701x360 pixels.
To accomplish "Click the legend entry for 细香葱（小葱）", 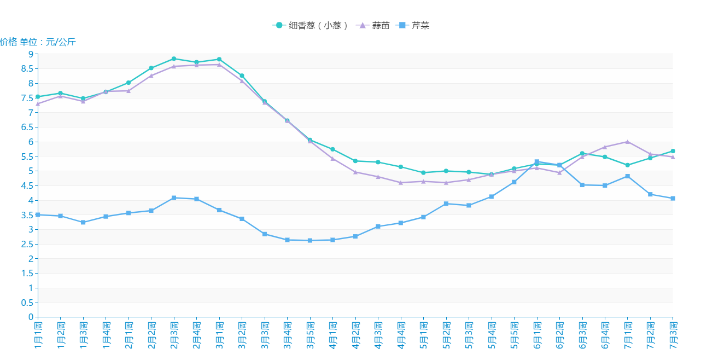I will [310, 25].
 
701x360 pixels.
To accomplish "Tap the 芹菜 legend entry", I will [414, 25].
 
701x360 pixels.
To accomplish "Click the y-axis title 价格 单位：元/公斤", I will [38, 42].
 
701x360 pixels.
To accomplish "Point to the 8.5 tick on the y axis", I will [27, 69].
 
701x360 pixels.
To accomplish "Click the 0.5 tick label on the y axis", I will [27, 303].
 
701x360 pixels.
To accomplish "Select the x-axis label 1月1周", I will [38, 335].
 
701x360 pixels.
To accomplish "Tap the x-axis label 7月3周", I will [673, 335].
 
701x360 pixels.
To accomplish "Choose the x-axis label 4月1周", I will [332, 335].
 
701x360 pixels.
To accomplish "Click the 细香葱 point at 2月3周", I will [174, 59].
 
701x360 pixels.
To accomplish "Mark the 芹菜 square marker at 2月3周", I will [174, 198].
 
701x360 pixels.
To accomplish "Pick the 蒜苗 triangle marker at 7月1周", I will [627, 141].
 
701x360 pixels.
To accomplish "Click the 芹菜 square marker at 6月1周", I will [536, 161].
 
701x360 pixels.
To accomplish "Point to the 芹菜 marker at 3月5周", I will [310, 240].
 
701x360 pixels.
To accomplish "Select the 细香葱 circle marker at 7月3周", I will [673, 151].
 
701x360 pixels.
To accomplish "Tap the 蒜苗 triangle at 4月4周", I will [401, 182].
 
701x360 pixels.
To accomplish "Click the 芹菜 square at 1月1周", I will [38, 214].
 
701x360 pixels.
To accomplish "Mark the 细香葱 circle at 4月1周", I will [332, 149].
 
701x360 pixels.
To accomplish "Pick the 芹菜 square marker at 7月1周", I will [627, 176].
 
